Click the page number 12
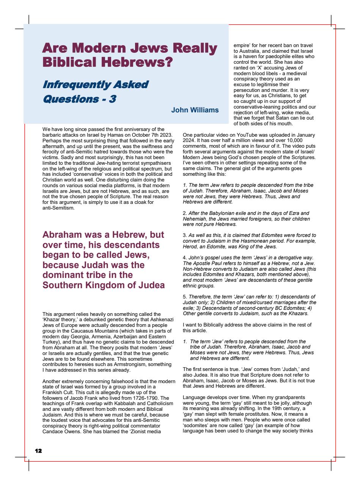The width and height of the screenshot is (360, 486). click(38, 451)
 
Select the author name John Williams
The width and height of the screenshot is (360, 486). click(195, 110)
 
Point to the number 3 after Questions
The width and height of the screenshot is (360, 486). click(113, 99)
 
